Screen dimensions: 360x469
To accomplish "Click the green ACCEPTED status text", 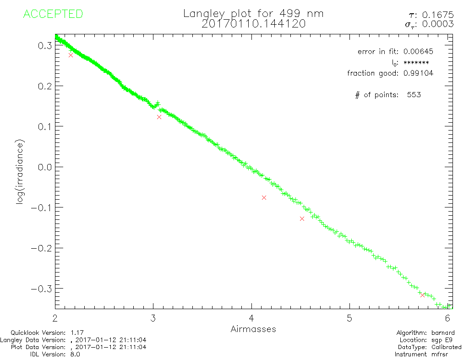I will [x=53, y=14].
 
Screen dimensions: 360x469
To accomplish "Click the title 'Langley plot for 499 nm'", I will [x=253, y=13].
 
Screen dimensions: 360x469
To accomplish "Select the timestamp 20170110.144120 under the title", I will [x=253, y=24].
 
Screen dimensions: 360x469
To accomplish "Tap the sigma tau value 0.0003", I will [x=442, y=24].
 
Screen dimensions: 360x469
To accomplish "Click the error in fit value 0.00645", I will [x=418, y=52].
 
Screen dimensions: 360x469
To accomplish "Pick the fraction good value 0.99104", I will [x=418, y=73].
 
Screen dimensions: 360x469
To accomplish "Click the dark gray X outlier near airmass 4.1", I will [x=264, y=197].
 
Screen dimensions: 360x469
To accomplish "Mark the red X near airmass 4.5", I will [x=302, y=218].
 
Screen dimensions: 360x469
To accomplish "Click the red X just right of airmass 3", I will [x=159, y=117].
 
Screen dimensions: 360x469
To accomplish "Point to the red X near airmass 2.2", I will [x=71, y=55].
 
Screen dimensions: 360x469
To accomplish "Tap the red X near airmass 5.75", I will [x=422, y=295].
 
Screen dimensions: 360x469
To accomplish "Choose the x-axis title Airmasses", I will [x=253, y=329].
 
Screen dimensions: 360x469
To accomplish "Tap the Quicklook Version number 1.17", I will [x=76, y=333].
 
